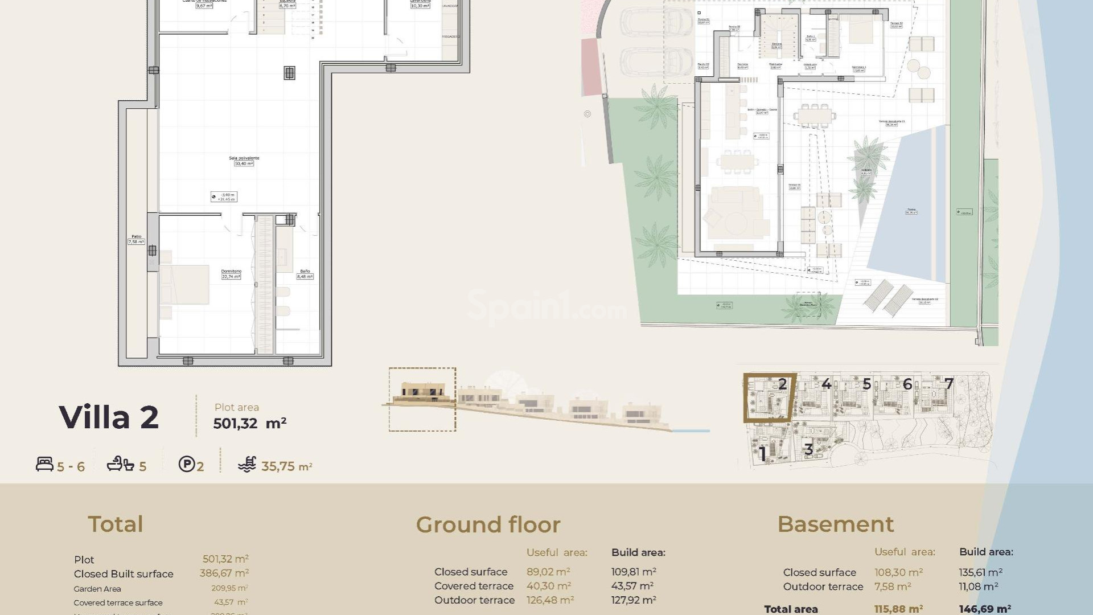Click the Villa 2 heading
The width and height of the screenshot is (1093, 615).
[109, 417]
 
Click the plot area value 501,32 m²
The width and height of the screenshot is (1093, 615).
[249, 424]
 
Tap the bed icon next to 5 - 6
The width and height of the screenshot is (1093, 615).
[44, 464]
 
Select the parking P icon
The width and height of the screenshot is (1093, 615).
[187, 464]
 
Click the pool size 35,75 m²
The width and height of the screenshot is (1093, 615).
[286, 466]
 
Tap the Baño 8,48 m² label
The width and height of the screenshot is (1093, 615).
[305, 274]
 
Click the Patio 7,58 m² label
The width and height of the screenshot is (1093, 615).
[136, 239]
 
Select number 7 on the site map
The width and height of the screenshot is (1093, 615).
[948, 384]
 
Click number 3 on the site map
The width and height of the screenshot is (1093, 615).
[808, 449]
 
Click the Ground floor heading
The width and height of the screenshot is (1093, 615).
[488, 524]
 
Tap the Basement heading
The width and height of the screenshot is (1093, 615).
[835, 524]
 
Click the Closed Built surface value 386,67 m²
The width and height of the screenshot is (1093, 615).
[224, 573]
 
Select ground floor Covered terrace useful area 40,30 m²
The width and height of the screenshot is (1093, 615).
[548, 586]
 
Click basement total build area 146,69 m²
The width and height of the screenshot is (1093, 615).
[985, 609]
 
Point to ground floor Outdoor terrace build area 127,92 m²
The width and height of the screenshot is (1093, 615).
[634, 600]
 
